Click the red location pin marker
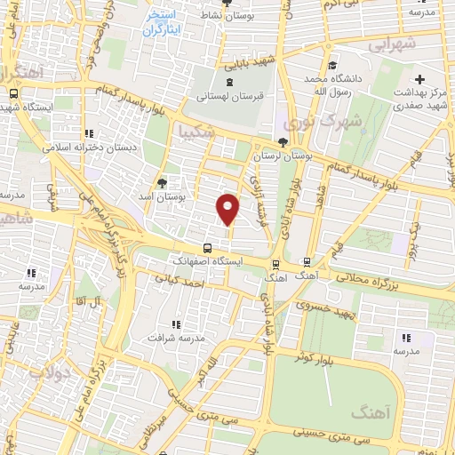228,208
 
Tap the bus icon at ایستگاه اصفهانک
206,249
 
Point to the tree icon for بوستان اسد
161,184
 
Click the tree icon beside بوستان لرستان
283,142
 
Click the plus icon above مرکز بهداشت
420,79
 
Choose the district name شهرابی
392,43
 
